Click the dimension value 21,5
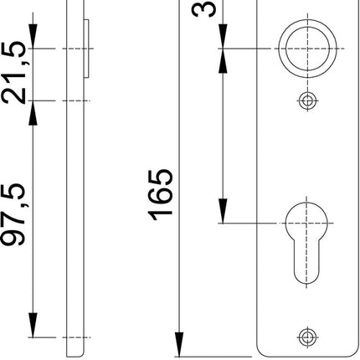(14, 74)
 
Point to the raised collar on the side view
(86, 49)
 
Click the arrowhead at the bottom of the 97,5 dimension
(32, 329)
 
